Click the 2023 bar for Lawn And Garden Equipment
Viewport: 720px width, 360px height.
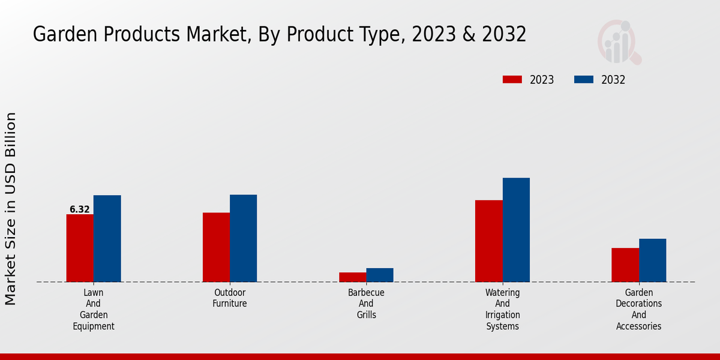tap(80, 248)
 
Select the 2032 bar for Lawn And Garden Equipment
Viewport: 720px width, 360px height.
tap(107, 238)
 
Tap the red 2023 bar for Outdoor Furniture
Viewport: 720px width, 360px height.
tap(216, 247)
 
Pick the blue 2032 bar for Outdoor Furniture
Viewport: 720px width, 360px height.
tap(243, 238)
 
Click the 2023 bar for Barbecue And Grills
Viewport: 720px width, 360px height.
tap(352, 277)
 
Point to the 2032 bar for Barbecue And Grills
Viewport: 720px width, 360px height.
tap(380, 275)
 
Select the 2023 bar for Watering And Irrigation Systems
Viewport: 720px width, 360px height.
tap(488, 241)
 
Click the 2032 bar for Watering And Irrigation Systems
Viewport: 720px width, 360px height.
tap(516, 230)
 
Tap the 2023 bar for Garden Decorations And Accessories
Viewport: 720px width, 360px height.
tap(625, 265)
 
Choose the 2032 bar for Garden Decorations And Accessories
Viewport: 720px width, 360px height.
tap(652, 260)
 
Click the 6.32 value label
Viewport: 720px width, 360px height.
tap(79, 209)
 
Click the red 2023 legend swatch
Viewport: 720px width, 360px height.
tap(512, 80)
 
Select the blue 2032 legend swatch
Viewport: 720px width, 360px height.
tap(584, 80)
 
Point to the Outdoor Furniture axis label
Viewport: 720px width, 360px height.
tap(230, 298)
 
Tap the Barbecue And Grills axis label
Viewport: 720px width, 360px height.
tap(366, 304)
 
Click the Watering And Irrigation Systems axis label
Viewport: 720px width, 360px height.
tap(503, 309)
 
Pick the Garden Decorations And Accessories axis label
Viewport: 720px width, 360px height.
tap(639, 309)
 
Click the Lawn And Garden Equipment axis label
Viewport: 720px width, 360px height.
tap(94, 309)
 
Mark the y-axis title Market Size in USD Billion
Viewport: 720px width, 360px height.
tap(11, 208)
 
